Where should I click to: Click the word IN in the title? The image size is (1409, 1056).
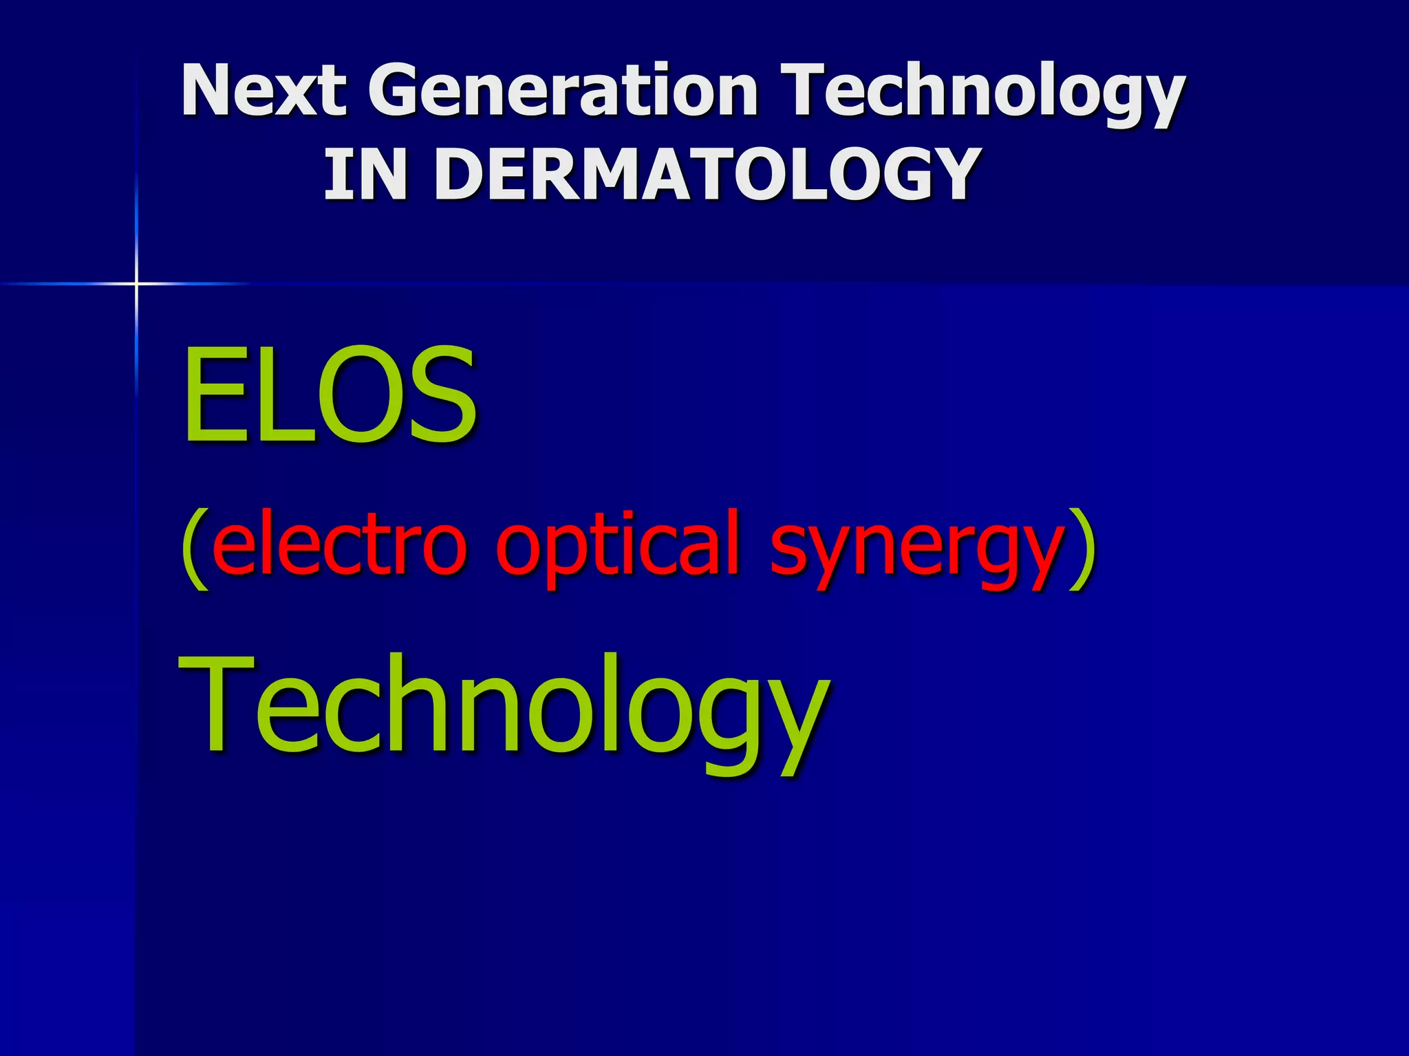365,175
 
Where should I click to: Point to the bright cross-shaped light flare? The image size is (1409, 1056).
136,283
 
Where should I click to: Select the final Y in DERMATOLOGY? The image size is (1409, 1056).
949,175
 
